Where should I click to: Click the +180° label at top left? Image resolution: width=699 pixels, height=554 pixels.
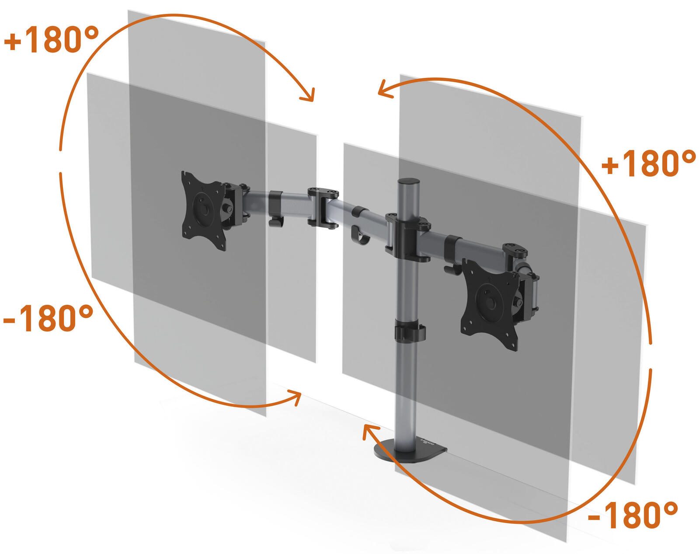click(51, 40)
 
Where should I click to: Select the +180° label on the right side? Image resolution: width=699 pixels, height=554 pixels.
click(647, 164)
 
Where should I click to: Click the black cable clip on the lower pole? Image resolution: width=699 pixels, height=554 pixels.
click(410, 331)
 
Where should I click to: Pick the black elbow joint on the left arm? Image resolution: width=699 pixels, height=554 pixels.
click(323, 207)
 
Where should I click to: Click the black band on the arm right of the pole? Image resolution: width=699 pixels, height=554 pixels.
click(453, 244)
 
